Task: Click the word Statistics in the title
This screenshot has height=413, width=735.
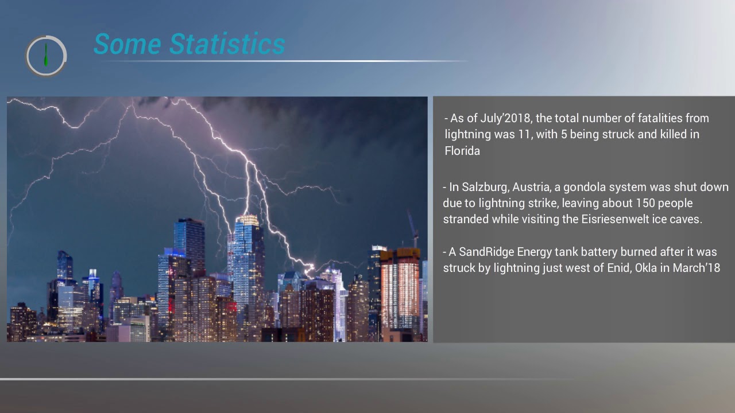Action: click(x=227, y=44)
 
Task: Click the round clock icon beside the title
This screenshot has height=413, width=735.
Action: click(x=46, y=56)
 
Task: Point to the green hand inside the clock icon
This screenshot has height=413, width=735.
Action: click(x=46, y=55)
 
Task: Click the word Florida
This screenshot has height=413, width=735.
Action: click(x=462, y=151)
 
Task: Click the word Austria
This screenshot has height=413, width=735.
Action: click(x=532, y=187)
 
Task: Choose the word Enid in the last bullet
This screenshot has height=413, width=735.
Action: click(x=619, y=268)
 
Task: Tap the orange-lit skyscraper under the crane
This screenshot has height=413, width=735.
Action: click(x=400, y=287)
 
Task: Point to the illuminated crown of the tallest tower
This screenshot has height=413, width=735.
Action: click(x=247, y=220)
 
